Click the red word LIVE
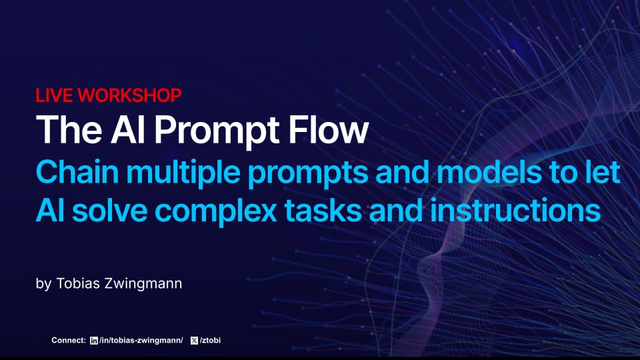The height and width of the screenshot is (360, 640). pyautogui.click(x=54, y=95)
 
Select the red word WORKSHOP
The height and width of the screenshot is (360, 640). pyautogui.click(x=129, y=95)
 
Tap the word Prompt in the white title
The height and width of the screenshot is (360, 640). pyautogui.click(x=217, y=131)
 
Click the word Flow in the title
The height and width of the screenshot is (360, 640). pyautogui.click(x=328, y=130)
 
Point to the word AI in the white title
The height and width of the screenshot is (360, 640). pyautogui.click(x=128, y=130)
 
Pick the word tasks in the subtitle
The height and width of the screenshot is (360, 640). pyautogui.click(x=323, y=211)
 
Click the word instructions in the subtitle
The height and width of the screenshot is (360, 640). pyautogui.click(x=515, y=211)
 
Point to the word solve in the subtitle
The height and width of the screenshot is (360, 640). pyautogui.click(x=109, y=211)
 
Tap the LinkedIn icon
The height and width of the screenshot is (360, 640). pyautogui.click(x=94, y=341)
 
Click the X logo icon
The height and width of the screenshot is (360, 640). pyautogui.click(x=194, y=341)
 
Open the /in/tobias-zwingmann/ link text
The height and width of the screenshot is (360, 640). pyautogui.click(x=141, y=341)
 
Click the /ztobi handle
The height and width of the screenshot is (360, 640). pyautogui.click(x=210, y=341)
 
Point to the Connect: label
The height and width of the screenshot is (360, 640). pyautogui.click(x=69, y=341)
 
